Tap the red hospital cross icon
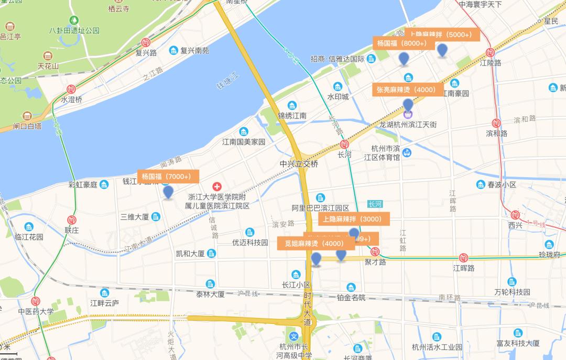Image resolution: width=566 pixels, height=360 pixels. pos(216,187)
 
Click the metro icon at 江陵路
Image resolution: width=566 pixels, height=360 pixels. pos(491,52)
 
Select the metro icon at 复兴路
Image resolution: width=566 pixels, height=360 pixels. pos(146,42)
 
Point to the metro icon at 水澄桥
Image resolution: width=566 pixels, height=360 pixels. pos(71,90)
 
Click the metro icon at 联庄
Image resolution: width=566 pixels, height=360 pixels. pos(71,220)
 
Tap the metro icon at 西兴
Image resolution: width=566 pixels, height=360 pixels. pos(515,214)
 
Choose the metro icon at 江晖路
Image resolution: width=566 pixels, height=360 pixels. pos(463,257)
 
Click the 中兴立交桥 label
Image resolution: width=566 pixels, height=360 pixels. pos(299,164)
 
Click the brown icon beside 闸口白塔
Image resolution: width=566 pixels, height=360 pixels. pos(27,115)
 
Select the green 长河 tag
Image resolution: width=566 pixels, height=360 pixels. pos(375,204)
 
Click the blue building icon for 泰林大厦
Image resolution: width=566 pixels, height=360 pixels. pos(210,283)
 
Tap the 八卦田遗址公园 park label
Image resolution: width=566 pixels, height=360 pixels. pos(74,30)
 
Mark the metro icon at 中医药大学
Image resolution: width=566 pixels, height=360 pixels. pos(36,301)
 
